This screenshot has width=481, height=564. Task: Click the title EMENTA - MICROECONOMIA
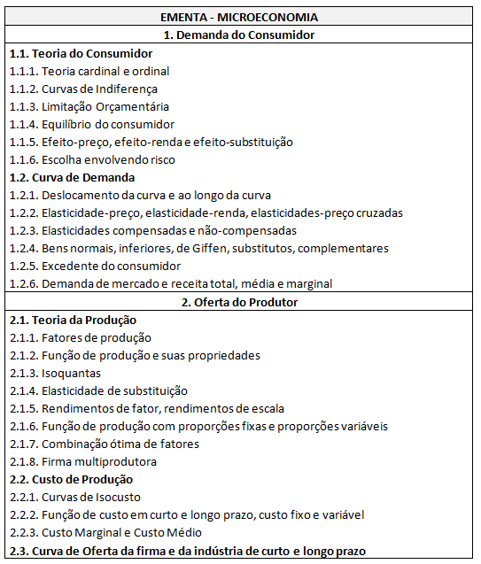point(240,18)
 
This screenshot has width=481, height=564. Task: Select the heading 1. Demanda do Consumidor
point(240,35)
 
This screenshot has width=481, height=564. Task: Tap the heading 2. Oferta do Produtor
point(240,302)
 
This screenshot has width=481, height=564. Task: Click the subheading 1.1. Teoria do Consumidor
point(81,54)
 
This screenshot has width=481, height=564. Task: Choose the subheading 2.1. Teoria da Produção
point(73,320)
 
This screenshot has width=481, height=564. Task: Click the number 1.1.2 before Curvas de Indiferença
point(23,89)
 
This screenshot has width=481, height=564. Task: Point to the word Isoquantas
point(71,373)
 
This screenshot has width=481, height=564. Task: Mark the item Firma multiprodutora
point(99,461)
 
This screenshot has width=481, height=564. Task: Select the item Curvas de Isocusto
point(91,497)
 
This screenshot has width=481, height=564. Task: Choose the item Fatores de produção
point(97,337)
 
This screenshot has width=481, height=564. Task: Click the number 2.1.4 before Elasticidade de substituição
point(23,390)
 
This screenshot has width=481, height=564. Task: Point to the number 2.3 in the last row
point(18,551)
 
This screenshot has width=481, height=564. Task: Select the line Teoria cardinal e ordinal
point(105,72)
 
